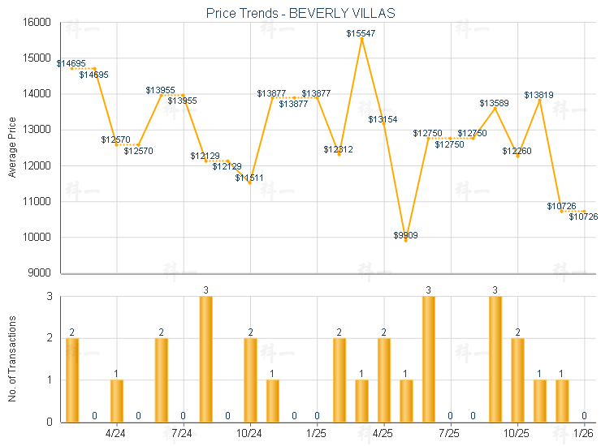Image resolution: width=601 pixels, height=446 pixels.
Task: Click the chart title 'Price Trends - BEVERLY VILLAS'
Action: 300,14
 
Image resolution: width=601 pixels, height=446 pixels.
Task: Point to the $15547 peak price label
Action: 361,33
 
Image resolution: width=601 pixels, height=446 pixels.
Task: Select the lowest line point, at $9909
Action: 405,240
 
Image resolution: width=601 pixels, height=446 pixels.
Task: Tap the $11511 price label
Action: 249,178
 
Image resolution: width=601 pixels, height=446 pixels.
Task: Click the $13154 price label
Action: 383,119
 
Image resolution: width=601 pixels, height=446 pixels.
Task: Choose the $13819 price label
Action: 538,95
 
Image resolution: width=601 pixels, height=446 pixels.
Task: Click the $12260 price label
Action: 517,151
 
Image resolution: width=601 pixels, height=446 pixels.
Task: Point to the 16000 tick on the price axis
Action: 42,23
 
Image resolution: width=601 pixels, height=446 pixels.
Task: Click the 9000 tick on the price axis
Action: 45,273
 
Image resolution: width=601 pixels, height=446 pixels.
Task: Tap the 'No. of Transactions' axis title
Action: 12,359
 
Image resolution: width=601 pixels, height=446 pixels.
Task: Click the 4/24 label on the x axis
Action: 116,433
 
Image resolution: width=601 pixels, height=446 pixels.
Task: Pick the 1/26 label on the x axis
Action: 584,433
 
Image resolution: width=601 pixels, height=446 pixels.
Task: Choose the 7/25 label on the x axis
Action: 450,433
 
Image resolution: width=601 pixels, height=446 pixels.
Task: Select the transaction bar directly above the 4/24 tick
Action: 116,401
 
